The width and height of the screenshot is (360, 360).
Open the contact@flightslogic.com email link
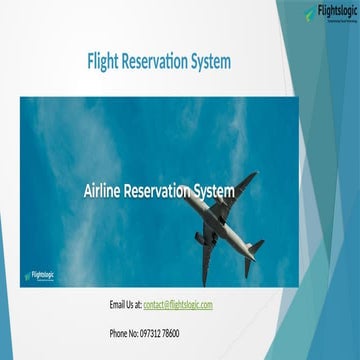point(178,303)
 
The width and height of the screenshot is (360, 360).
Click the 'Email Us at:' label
point(125,303)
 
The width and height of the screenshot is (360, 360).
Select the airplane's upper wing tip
point(252,176)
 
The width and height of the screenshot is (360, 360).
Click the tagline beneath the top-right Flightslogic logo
point(337,23)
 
